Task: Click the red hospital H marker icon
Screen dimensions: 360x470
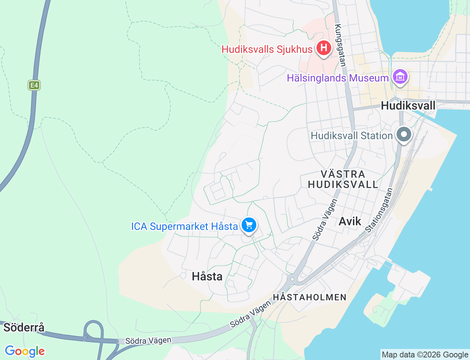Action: (x=323, y=48)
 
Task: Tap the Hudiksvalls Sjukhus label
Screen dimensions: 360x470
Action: (x=267, y=49)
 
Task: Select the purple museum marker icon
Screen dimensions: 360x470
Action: (x=400, y=77)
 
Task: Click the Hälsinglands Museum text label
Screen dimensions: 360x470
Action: (x=337, y=78)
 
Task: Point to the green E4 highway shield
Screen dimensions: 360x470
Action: (x=34, y=86)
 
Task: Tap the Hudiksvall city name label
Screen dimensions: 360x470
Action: (x=408, y=105)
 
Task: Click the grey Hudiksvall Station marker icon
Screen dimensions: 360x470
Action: (x=404, y=134)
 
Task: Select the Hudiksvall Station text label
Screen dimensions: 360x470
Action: (x=352, y=136)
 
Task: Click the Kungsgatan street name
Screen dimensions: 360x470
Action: (x=340, y=45)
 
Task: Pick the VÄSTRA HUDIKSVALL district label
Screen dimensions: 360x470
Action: (x=343, y=179)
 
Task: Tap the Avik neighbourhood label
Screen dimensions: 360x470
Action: (x=350, y=221)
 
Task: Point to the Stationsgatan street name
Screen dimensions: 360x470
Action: (x=379, y=210)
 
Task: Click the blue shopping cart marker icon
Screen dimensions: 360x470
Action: (x=249, y=225)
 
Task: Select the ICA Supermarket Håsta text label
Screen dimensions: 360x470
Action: (x=184, y=226)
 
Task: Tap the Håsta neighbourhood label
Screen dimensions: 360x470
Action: (x=207, y=276)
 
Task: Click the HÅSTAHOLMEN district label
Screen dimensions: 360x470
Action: (x=310, y=297)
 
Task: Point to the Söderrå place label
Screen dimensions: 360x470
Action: (x=24, y=327)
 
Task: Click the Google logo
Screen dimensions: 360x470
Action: (x=25, y=351)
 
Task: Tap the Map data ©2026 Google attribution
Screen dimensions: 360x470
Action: (x=425, y=354)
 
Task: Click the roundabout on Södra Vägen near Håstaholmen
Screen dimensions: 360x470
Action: (x=292, y=279)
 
